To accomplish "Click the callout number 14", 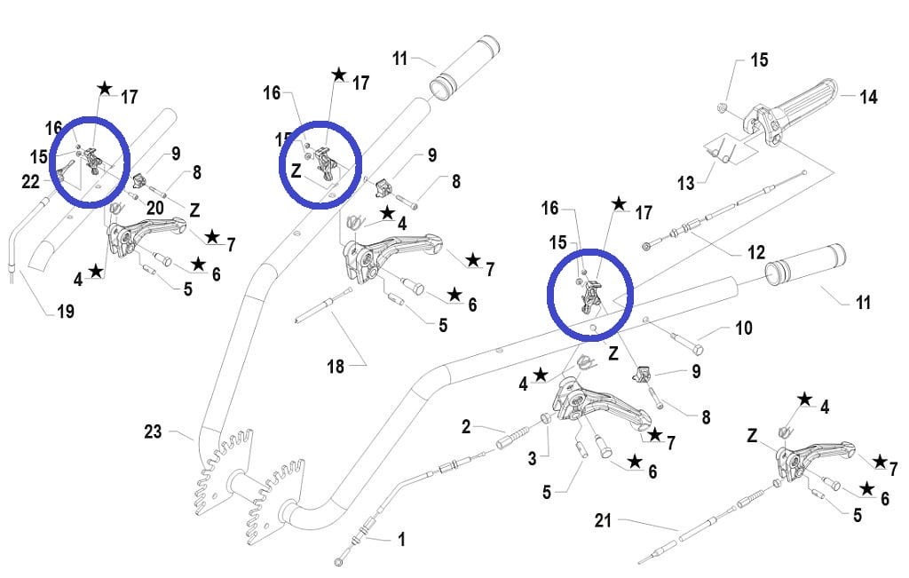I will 868,97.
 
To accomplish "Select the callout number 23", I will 154,433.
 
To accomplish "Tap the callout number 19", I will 65,311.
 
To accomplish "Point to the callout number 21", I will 604,521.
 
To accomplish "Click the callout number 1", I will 401,538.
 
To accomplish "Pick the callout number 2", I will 466,427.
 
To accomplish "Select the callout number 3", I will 533,458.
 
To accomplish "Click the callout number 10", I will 743,329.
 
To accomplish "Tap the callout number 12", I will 755,253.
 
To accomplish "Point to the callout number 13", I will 685,184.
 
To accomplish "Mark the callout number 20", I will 155,207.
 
